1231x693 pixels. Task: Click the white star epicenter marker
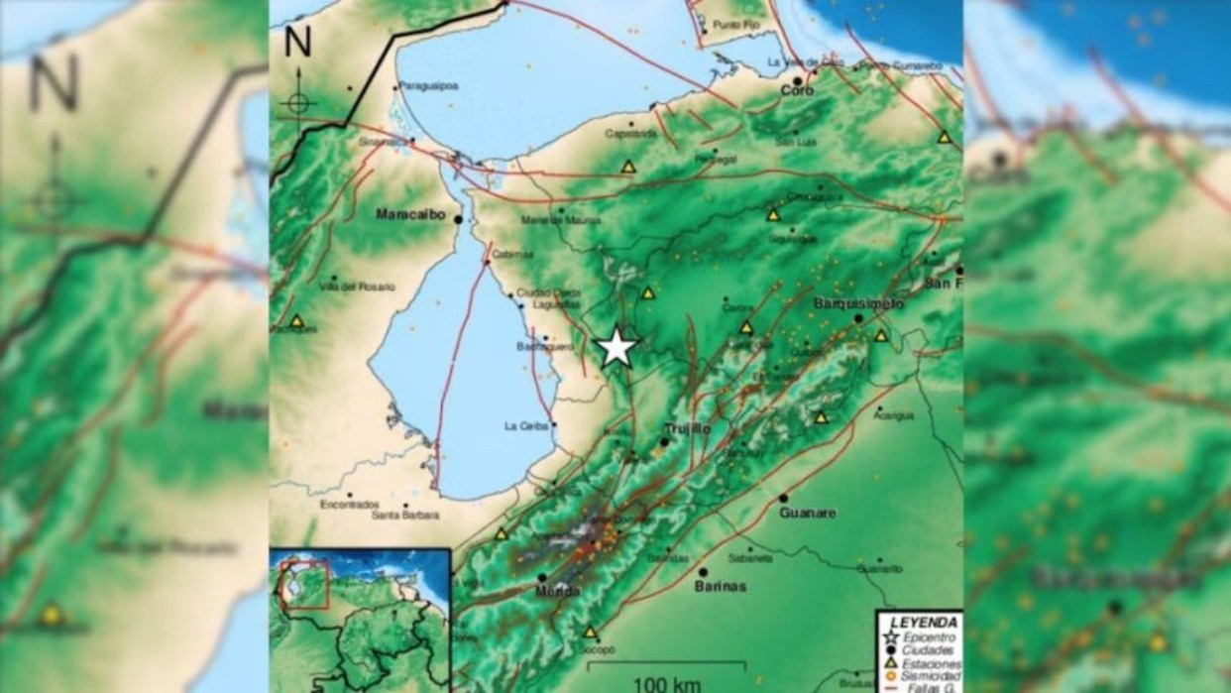[x=617, y=348]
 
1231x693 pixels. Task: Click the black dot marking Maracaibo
[x=458, y=218]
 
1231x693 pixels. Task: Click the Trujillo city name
[x=686, y=428]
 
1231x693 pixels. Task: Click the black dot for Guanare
[x=783, y=498]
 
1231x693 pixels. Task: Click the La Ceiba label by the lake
[x=524, y=427]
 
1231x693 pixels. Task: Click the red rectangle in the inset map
[x=305, y=585]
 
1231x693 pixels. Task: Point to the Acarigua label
[x=893, y=415]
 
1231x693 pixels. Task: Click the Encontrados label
[x=349, y=504]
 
